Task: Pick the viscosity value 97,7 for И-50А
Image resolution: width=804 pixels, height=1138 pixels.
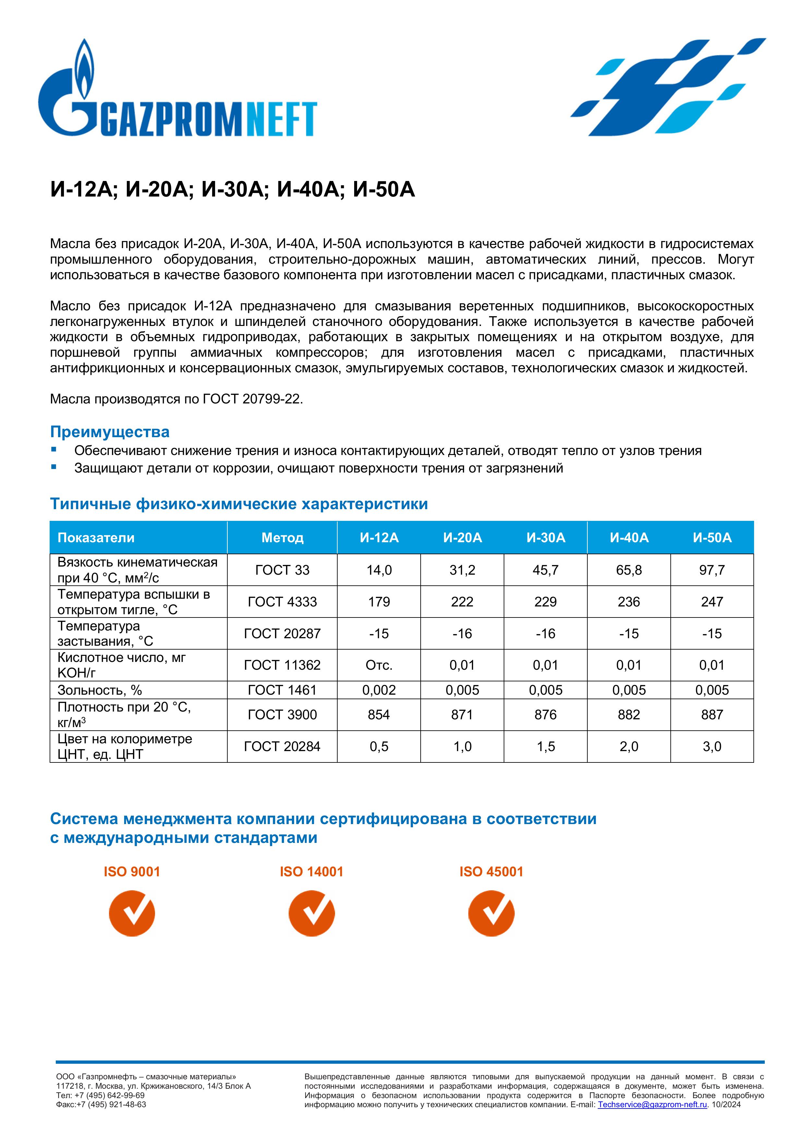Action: (712, 570)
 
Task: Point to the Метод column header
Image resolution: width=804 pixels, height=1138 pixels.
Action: (282, 538)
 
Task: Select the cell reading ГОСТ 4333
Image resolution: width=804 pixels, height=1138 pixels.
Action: (282, 602)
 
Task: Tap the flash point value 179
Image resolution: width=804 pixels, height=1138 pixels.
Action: (379, 602)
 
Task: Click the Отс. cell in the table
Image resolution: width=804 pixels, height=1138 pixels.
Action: (379, 665)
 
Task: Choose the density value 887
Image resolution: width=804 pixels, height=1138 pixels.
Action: (712, 715)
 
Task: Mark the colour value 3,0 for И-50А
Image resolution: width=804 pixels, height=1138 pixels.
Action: (712, 747)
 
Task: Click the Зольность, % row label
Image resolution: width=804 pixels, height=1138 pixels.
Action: (100, 690)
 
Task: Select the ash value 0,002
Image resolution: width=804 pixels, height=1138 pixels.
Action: (379, 690)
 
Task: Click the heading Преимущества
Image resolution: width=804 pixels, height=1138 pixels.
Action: (110, 432)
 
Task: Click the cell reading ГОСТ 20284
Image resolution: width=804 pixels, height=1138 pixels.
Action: (282, 747)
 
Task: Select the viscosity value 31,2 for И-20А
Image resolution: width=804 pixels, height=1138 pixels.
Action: (462, 570)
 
